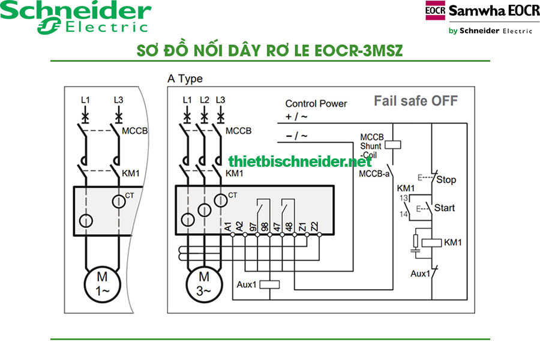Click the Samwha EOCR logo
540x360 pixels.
[482, 18]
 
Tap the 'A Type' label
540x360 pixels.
[185, 79]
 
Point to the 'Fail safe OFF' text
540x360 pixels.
[415, 100]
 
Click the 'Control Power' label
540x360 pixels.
[316, 103]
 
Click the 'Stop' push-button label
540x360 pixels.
[446, 179]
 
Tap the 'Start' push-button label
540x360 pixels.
[444, 208]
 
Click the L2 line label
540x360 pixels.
[205, 99]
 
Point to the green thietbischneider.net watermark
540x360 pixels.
[300, 161]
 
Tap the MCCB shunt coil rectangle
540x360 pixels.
[391, 144]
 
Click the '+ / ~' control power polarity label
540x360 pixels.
[296, 116]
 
